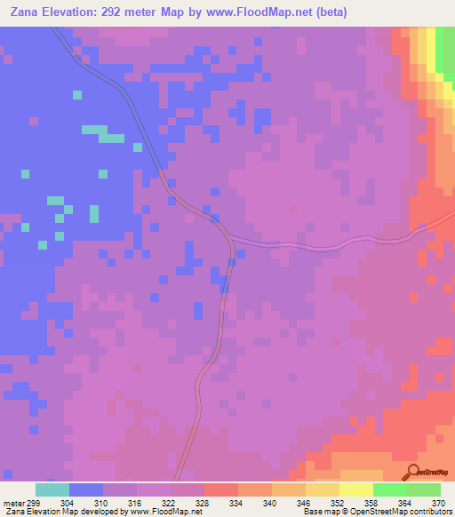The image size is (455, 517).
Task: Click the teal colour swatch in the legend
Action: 52,489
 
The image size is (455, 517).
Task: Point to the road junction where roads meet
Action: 228,238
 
